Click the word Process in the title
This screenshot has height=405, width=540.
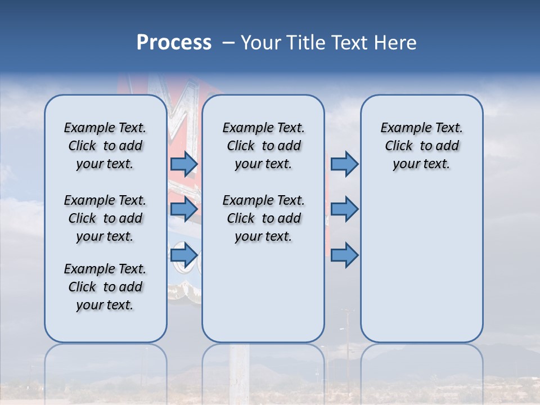click(x=174, y=43)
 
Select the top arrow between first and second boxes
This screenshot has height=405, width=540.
click(x=184, y=164)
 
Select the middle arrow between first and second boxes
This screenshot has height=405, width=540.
click(x=184, y=209)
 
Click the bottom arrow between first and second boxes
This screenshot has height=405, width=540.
click(x=184, y=255)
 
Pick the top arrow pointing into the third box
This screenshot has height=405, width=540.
click(x=344, y=164)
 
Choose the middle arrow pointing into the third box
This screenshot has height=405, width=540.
click(x=344, y=209)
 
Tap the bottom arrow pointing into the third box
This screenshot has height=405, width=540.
click(x=344, y=255)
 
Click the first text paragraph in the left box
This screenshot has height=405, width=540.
click(x=105, y=146)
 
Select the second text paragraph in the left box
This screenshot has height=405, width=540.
click(x=105, y=218)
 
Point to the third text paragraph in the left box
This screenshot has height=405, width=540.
click(x=105, y=287)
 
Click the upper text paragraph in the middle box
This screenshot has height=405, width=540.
click(x=263, y=146)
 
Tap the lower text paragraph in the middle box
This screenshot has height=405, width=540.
click(x=263, y=218)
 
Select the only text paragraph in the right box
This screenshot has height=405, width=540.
click(x=421, y=146)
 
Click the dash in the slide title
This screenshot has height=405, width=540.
click(x=228, y=43)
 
